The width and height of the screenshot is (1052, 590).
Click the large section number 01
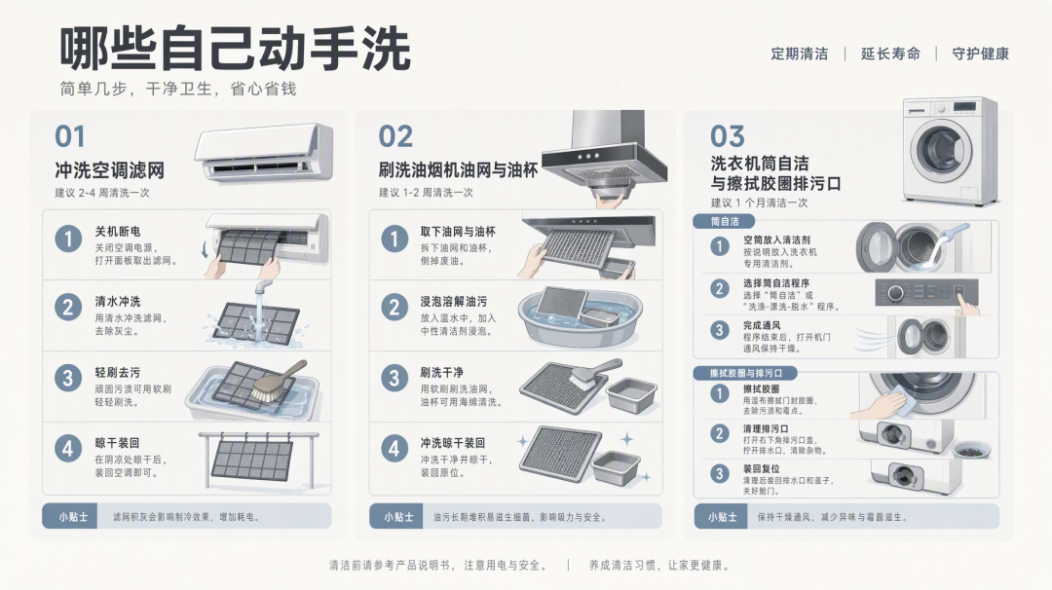point(70,136)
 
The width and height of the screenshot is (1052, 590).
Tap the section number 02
point(395,136)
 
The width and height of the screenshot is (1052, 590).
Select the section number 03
point(728,136)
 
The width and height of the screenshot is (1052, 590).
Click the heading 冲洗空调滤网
point(109,171)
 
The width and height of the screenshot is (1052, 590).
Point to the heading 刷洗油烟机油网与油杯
point(458,171)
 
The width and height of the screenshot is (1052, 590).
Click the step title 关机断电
point(118,232)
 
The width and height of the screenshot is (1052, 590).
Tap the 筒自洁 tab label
point(725,221)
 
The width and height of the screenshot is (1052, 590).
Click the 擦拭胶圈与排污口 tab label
point(746,373)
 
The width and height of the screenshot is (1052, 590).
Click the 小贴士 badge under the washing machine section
point(721,517)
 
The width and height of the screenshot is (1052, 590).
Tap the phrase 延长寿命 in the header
point(890,54)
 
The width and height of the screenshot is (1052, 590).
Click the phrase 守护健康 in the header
point(980,54)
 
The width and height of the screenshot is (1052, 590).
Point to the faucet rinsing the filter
point(263,287)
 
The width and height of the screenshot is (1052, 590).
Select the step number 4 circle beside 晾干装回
point(68,449)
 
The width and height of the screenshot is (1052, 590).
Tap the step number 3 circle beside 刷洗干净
point(394,378)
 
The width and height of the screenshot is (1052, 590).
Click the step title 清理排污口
point(766,428)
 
